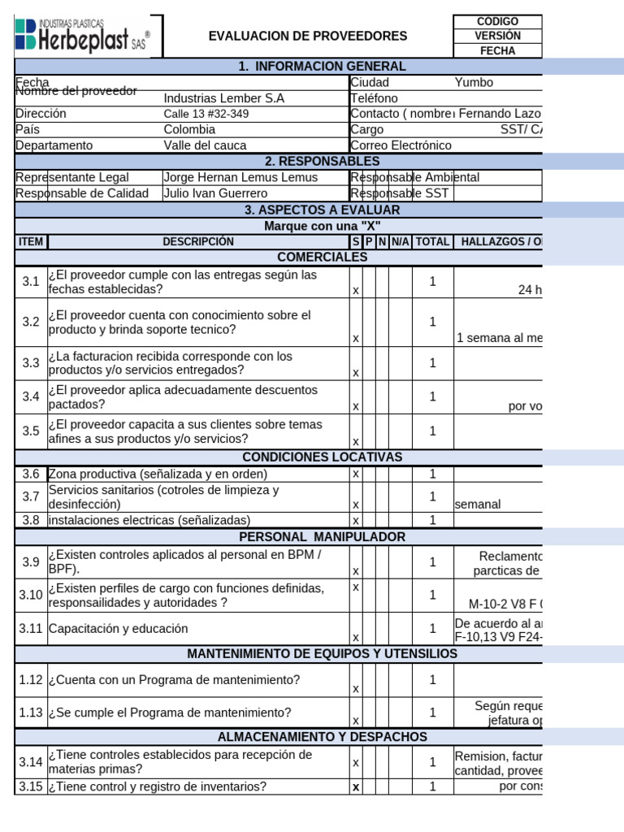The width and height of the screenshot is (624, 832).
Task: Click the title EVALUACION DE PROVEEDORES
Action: tap(308, 37)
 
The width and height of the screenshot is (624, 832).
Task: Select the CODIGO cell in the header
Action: tap(497, 21)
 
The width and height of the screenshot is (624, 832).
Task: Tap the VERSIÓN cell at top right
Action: tap(497, 36)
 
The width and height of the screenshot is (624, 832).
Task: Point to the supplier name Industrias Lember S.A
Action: tap(224, 98)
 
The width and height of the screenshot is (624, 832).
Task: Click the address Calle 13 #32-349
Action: tap(206, 114)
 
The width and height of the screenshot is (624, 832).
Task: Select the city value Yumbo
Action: tap(474, 82)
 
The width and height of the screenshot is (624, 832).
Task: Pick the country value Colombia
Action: tap(189, 129)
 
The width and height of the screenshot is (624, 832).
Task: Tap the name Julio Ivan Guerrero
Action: tap(215, 193)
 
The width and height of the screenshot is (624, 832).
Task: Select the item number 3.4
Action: tap(31, 397)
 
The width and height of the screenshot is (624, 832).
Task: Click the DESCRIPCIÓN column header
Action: tap(198, 242)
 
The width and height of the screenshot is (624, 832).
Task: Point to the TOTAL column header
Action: tap(432, 242)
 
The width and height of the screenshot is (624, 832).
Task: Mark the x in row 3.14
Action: tap(356, 763)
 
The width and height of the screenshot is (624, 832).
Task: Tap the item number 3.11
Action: tap(31, 628)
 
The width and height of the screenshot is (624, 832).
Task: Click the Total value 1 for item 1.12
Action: tap(433, 680)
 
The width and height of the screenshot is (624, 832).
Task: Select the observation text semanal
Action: tap(478, 505)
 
